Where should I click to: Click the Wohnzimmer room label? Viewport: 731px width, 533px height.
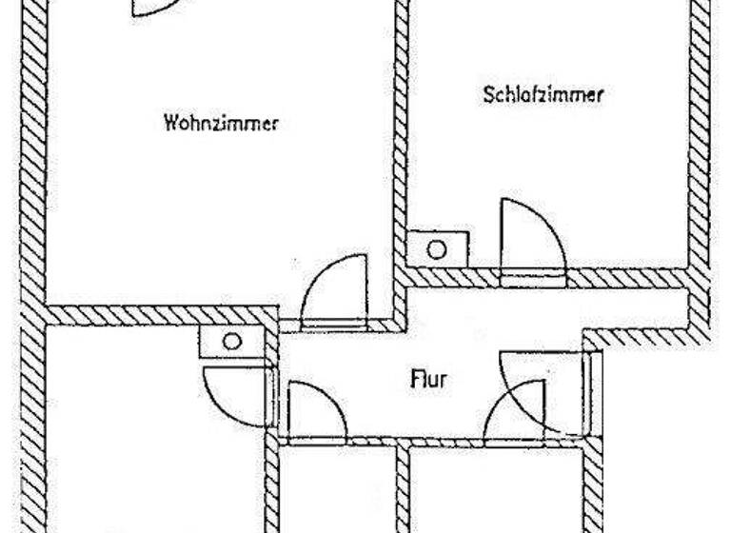(x=221, y=123)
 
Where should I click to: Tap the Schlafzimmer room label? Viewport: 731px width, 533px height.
(x=544, y=95)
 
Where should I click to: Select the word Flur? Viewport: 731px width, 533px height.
(x=427, y=381)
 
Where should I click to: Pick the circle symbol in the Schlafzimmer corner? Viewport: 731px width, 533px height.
(x=436, y=249)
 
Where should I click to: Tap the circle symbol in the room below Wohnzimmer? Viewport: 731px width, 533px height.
(x=232, y=341)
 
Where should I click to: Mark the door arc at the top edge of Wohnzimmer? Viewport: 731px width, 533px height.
(x=152, y=9)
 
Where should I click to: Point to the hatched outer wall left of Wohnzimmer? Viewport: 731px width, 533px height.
(x=33, y=162)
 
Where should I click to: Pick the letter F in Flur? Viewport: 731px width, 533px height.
(x=415, y=381)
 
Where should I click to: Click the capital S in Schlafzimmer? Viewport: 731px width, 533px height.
(x=488, y=95)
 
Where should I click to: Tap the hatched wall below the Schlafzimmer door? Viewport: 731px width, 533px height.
(x=534, y=278)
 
